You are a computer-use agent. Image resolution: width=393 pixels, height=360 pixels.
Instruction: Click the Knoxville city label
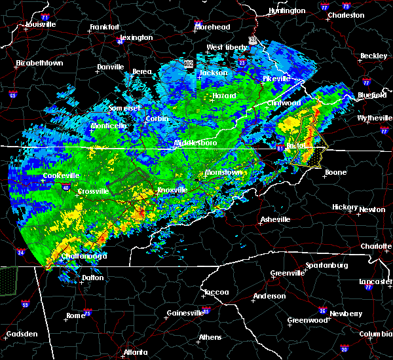(x=172, y=190)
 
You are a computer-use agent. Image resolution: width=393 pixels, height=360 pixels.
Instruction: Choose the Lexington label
(x=136, y=37)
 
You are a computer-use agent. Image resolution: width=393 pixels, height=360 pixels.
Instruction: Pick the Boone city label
(x=335, y=172)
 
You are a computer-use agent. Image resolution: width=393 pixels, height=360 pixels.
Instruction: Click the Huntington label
(x=287, y=10)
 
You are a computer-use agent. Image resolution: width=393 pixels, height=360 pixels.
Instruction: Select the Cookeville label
(x=61, y=176)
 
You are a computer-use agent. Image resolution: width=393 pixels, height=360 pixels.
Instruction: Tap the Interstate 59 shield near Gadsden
(x=25, y=304)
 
